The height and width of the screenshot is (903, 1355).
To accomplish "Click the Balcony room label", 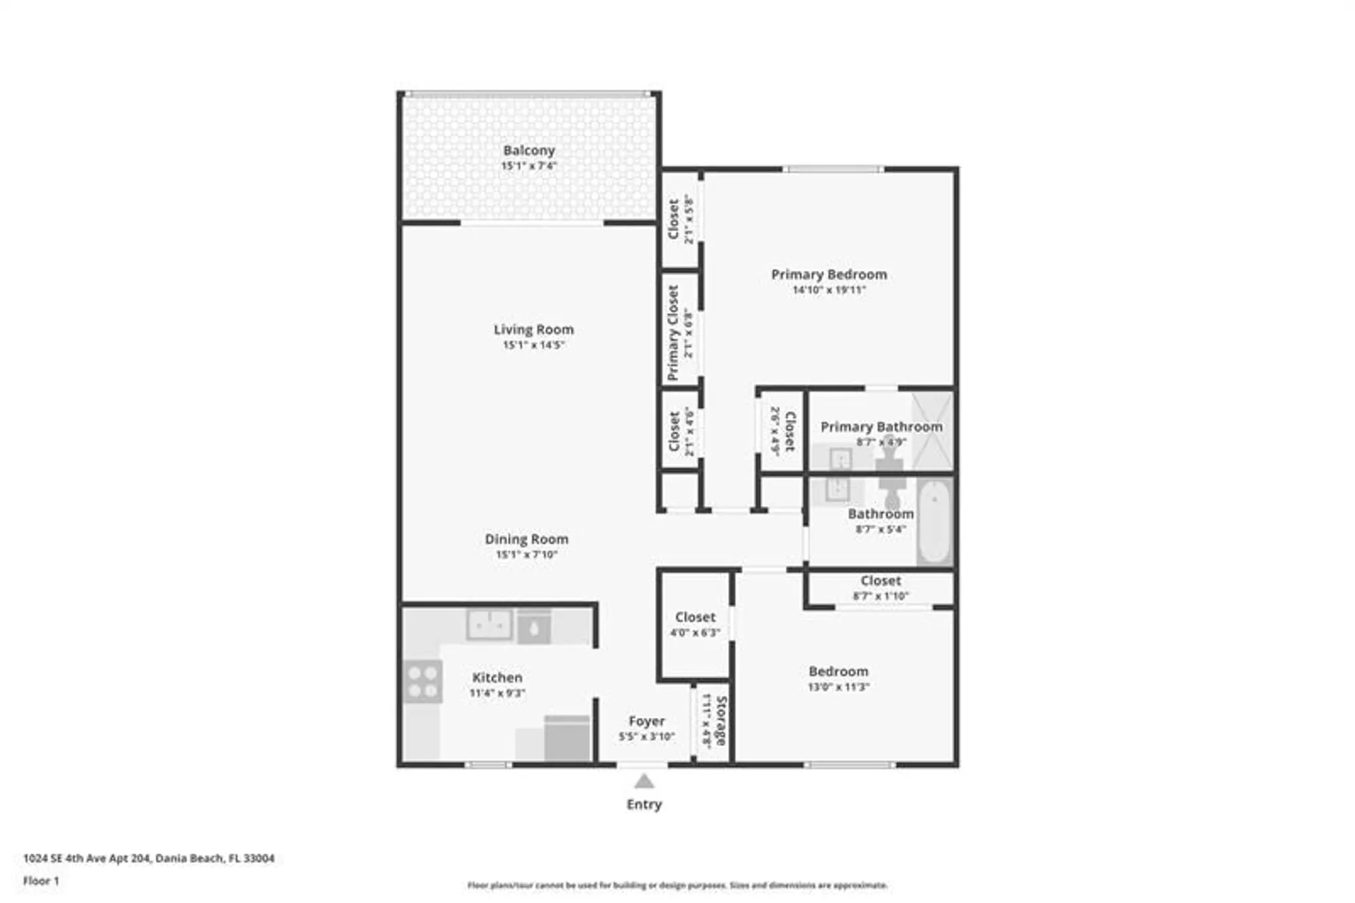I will coord(528,150).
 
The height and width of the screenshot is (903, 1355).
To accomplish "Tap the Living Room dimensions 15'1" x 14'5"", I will coord(533,345).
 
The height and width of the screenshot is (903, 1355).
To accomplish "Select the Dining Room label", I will coord(526,539).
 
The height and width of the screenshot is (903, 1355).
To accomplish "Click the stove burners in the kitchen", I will coord(423,681).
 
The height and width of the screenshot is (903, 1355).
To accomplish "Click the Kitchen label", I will coord(497,677).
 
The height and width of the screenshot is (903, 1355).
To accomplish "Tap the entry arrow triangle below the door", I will coord(644,782).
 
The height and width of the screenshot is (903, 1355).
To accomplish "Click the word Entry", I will coord(644,804).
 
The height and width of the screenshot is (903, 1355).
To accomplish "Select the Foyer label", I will coord(646,721).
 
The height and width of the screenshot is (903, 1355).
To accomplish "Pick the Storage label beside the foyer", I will coord(721,721).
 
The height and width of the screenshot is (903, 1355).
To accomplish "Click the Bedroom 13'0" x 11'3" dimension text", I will coord(838,687).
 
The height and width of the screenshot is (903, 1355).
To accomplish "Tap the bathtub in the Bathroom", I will coord(934,520).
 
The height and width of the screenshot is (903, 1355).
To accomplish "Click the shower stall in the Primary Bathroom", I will coord(932,431).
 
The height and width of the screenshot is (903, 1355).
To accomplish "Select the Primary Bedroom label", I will coord(829,274).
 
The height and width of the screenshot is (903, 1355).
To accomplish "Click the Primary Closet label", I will coord(673,332).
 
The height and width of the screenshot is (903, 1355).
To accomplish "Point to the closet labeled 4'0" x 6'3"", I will coord(694,624).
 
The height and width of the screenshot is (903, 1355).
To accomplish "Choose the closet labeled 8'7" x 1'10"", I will coord(880,588).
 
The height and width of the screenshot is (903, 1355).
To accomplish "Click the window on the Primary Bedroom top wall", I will coord(833,169).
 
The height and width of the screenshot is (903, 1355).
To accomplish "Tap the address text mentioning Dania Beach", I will coord(148,858).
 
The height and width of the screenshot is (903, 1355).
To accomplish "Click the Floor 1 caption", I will coord(41,881).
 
